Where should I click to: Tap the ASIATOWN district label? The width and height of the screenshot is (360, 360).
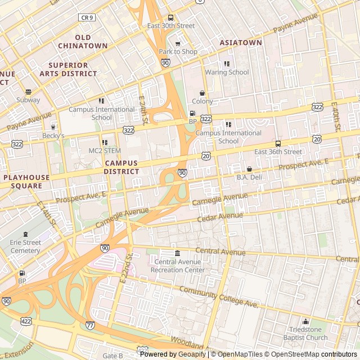point(241,42)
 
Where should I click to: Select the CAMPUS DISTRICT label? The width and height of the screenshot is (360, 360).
point(121,167)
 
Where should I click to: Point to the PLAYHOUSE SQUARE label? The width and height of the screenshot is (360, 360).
point(26,181)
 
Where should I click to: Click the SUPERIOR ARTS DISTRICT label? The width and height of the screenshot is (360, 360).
point(68,69)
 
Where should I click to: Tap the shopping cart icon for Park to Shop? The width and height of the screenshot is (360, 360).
point(178,43)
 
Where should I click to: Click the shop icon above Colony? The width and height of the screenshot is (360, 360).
point(202,93)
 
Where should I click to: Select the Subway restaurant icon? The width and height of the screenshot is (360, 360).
point(28,92)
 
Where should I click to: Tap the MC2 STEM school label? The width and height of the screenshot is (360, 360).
point(105,151)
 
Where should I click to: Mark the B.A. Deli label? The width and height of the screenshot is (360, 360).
point(250,177)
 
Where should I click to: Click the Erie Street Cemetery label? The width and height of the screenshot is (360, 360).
point(25,246)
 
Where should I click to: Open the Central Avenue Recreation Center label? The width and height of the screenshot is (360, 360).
point(178,265)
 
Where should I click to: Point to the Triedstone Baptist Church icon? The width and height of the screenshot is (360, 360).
point(306,322)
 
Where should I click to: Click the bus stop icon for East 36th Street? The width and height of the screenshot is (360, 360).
point(278,143)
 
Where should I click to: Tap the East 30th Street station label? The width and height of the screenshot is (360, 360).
point(171,26)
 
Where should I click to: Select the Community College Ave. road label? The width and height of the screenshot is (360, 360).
point(218,297)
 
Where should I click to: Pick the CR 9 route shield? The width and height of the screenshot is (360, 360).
point(86,17)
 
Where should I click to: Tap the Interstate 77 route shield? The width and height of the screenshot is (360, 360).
point(91,325)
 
